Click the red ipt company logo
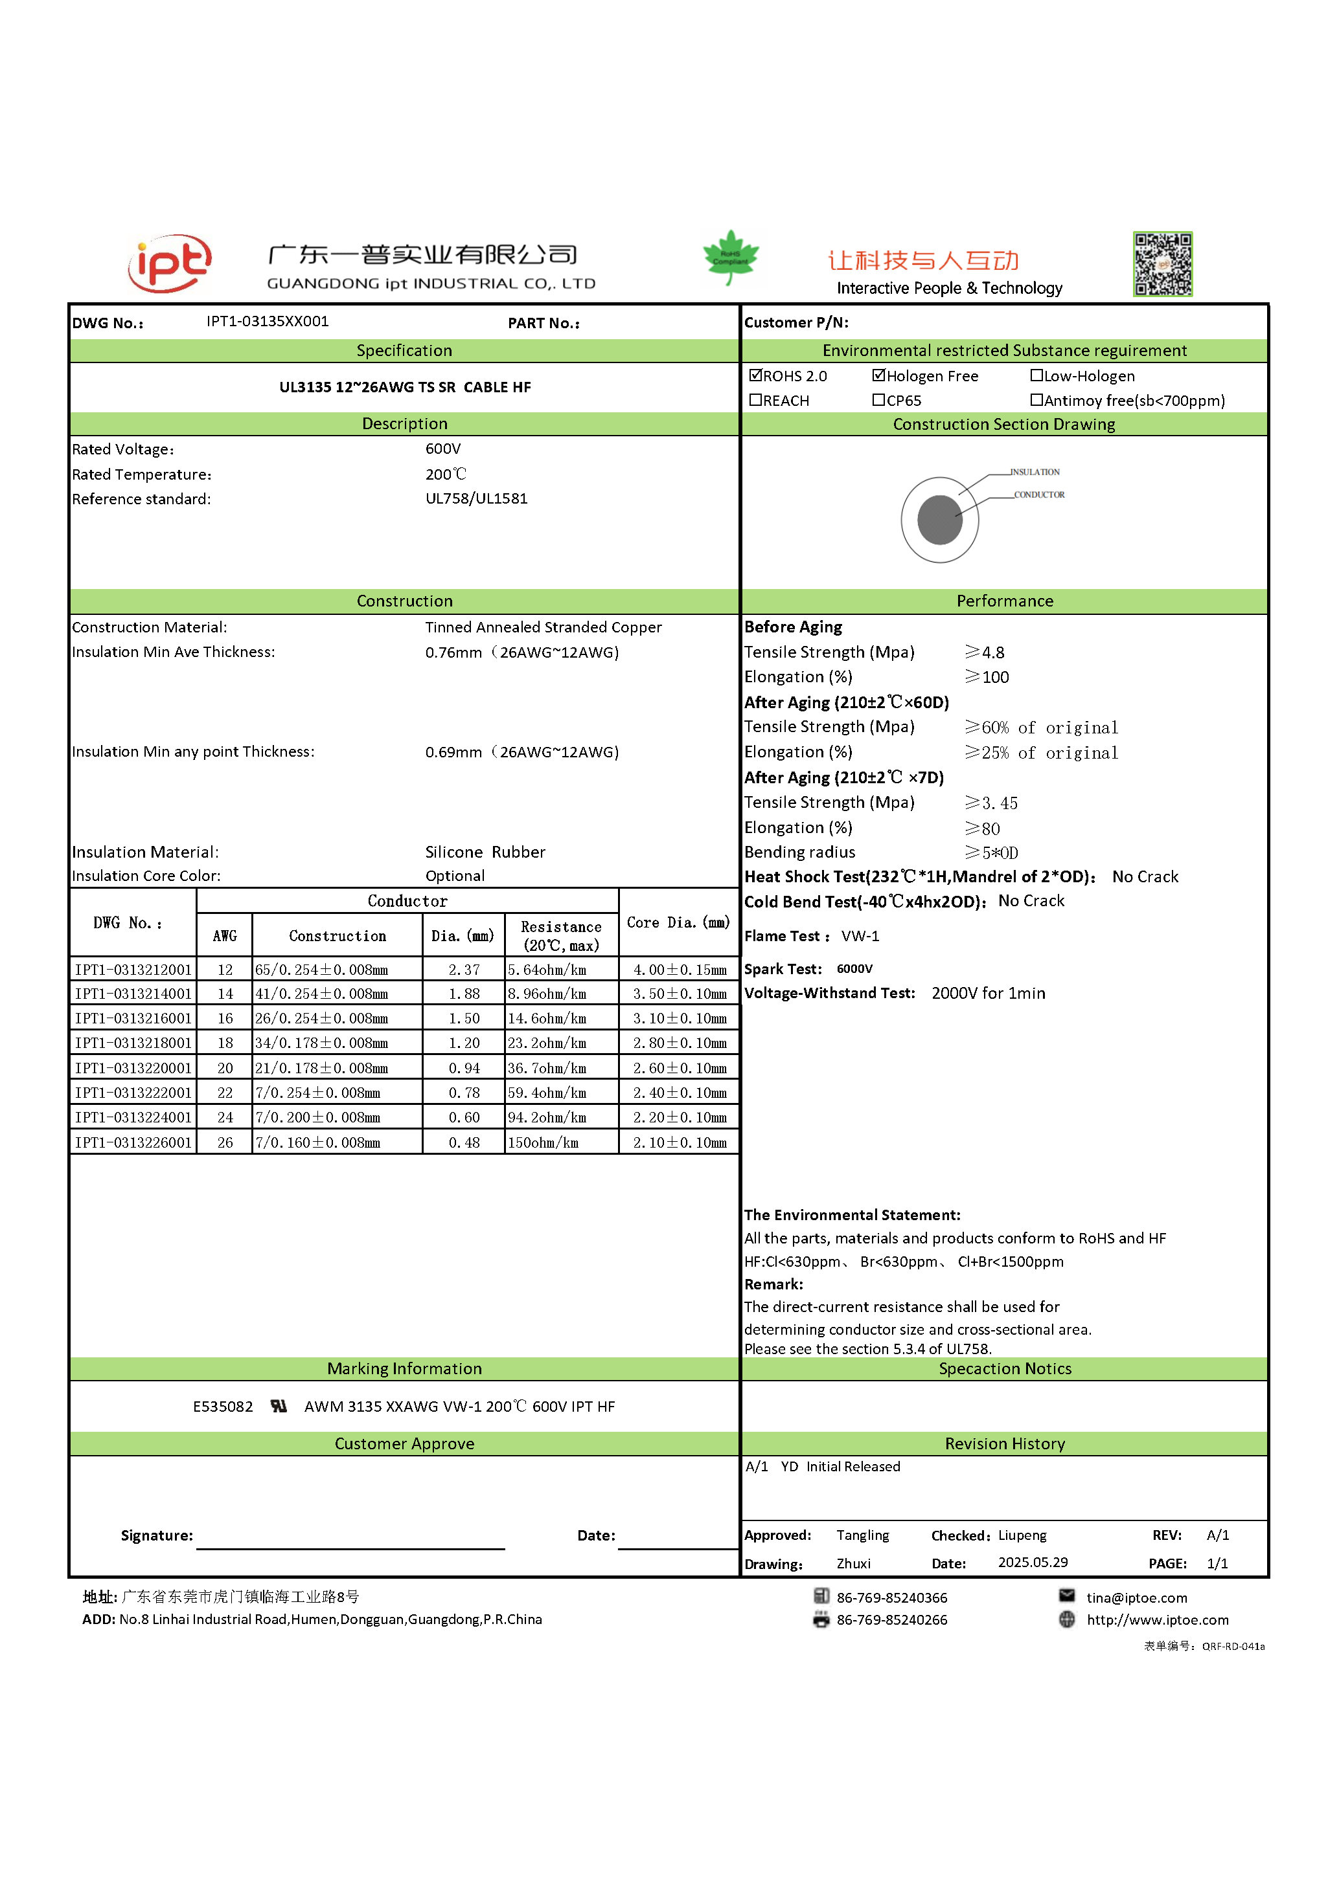click(x=170, y=263)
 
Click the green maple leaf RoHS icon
click(x=731, y=257)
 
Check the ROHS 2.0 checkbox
click(x=755, y=376)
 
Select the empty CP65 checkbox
click(x=879, y=401)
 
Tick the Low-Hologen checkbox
click(x=1036, y=376)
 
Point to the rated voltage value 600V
click(x=442, y=449)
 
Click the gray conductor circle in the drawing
click(x=940, y=519)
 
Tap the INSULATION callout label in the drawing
click(x=1036, y=472)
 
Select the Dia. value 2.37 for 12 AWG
click(x=463, y=970)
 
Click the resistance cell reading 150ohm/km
click(x=544, y=1143)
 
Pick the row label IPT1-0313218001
click(x=133, y=1043)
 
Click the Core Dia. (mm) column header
click(x=678, y=923)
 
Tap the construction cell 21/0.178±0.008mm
click(x=321, y=1068)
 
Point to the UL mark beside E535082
click(x=279, y=1407)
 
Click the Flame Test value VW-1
click(x=860, y=936)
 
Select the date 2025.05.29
click(x=1033, y=1563)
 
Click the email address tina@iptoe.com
click(x=1136, y=1598)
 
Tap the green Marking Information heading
click(x=404, y=1369)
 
